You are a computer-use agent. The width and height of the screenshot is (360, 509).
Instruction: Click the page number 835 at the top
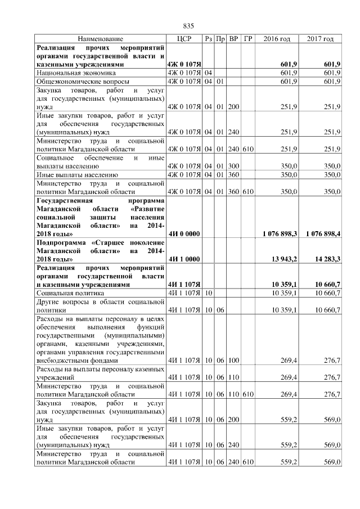[x=188, y=26]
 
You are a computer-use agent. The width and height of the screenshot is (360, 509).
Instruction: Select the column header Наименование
[x=100, y=39]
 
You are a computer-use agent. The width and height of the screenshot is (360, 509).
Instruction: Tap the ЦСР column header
[x=184, y=39]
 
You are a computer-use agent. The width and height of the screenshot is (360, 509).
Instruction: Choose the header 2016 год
[x=277, y=39]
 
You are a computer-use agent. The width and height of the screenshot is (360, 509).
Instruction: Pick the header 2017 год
[x=321, y=39]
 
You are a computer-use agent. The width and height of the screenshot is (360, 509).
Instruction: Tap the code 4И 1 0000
[x=184, y=259]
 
